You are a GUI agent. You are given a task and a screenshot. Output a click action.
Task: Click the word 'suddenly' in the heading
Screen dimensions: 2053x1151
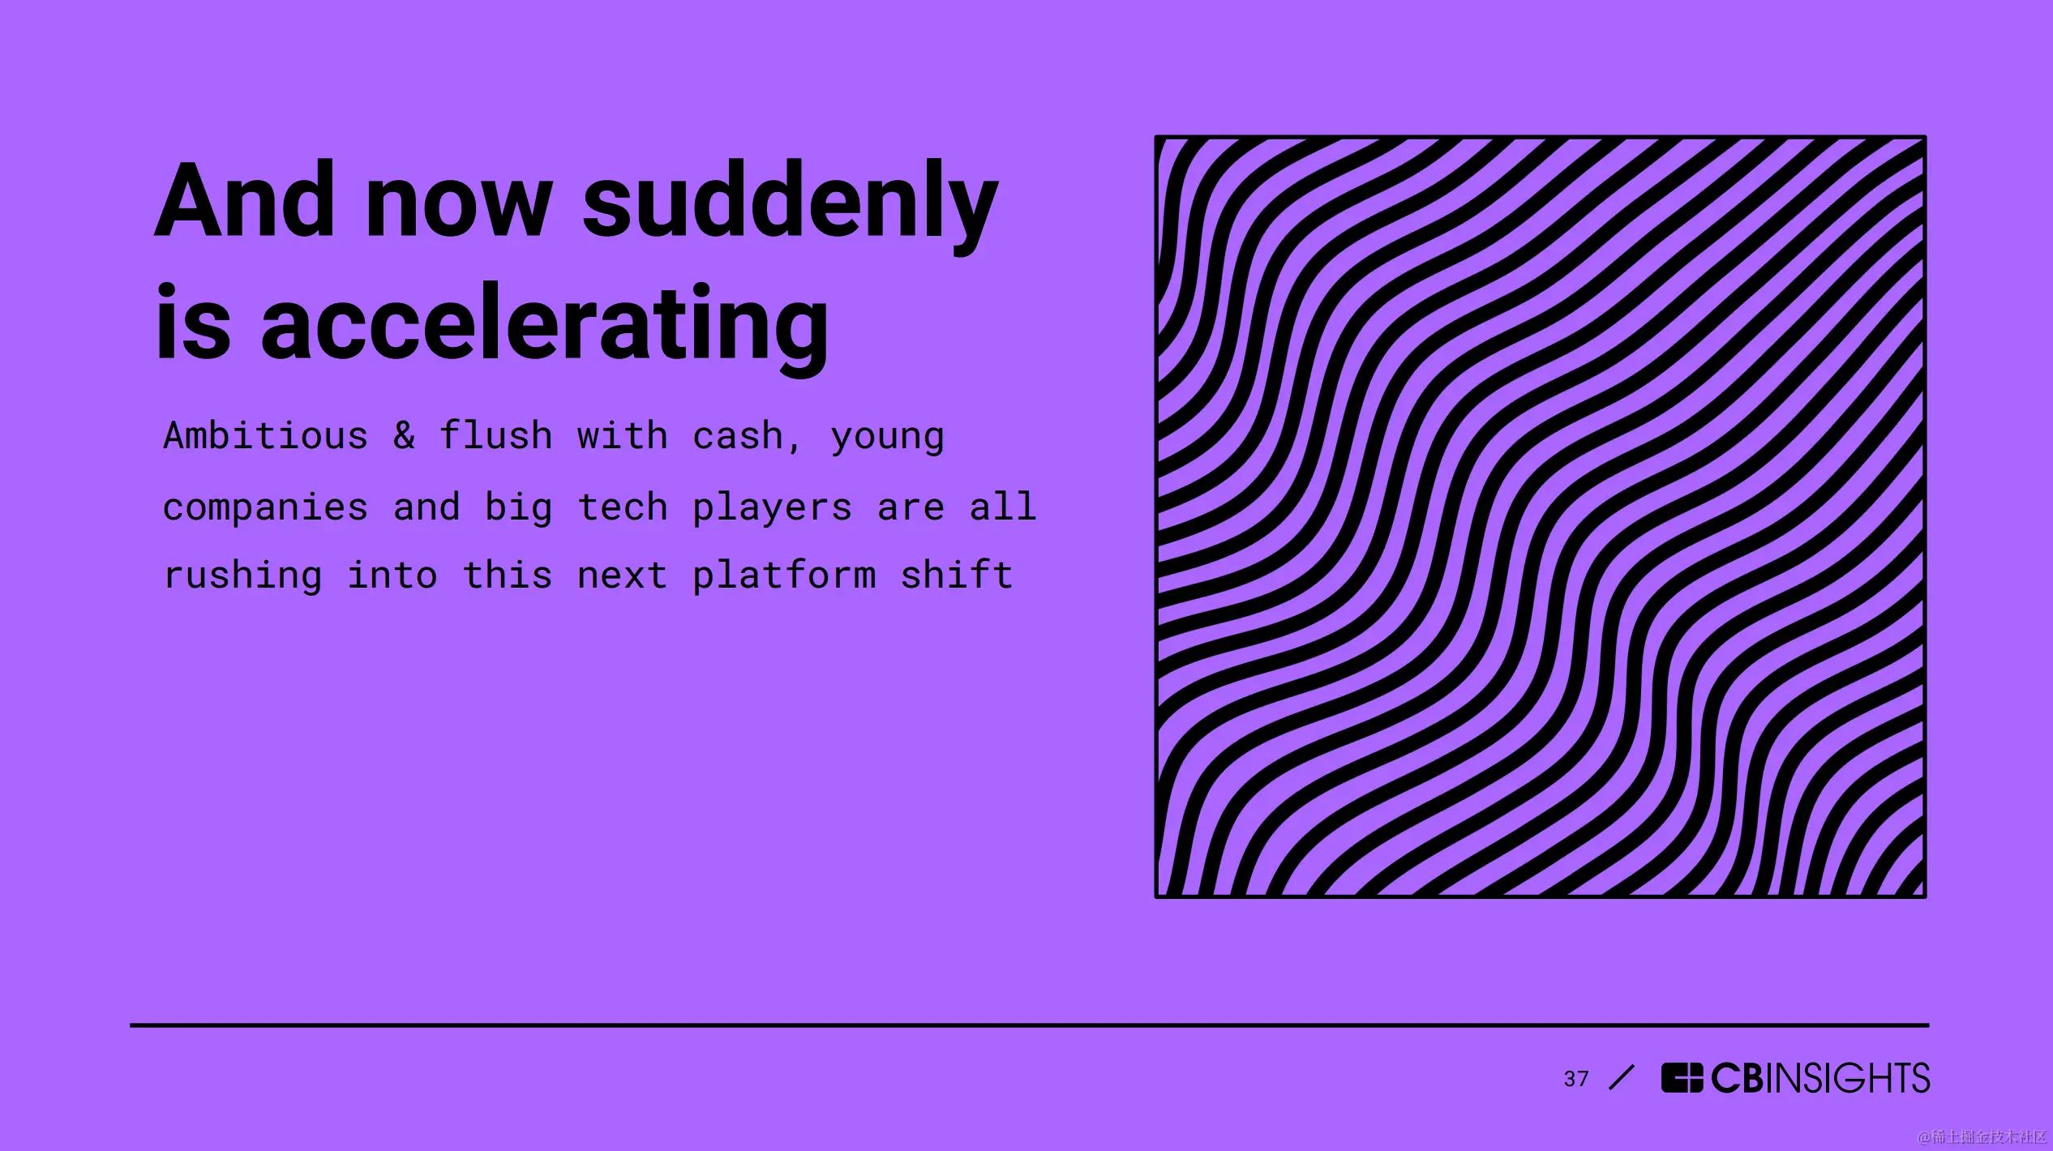click(791, 208)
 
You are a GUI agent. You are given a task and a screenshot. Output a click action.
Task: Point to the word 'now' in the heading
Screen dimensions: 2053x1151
click(459, 210)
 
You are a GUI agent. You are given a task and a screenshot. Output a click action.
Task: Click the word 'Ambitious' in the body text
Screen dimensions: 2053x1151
click(265, 435)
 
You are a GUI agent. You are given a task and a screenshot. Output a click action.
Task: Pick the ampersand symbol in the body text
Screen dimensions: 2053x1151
click(404, 436)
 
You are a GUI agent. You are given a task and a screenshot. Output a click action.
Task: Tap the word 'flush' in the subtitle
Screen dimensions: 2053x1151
click(495, 435)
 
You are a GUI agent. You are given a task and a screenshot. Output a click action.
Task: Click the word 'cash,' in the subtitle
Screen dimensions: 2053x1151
click(746, 437)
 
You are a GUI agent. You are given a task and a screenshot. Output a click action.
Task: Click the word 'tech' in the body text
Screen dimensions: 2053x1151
click(622, 507)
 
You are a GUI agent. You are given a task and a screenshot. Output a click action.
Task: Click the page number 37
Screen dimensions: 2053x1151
click(1576, 1079)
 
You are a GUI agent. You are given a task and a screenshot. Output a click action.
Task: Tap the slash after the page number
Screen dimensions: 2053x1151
click(1622, 1078)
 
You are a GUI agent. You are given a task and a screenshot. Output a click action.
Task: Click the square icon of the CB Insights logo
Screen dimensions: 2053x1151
click(1682, 1078)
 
